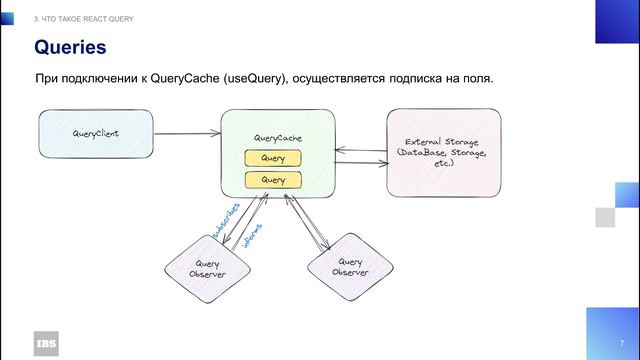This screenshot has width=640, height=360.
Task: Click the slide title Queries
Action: tap(70, 47)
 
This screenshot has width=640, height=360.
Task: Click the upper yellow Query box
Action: tap(273, 158)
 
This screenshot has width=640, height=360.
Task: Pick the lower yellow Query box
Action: tap(273, 179)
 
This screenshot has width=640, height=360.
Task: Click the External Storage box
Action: tap(443, 151)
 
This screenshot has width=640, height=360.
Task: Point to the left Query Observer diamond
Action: tap(207, 268)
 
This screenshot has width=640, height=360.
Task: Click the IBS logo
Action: tap(46, 341)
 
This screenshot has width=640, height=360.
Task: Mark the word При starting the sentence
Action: tap(48, 78)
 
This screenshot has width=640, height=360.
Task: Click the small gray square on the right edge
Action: tap(603, 217)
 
